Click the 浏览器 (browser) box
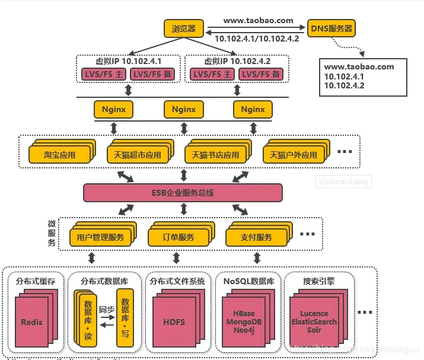(184, 28)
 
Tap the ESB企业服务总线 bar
(183, 192)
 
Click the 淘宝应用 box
(59, 155)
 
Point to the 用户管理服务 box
(100, 237)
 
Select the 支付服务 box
(256, 237)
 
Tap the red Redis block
(32, 322)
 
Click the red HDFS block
(174, 322)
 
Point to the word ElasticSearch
(314, 321)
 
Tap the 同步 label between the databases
(106, 310)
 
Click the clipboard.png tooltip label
(343, 181)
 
